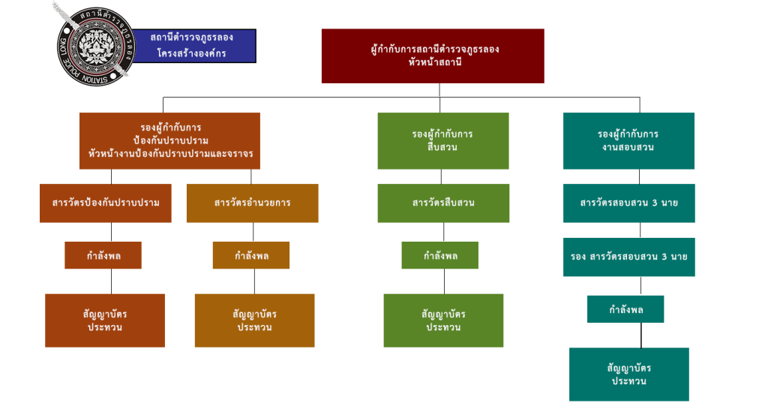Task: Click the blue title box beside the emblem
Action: coord(192,46)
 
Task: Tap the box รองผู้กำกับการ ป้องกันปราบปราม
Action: coord(169,141)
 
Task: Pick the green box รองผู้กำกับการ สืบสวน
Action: coord(442,141)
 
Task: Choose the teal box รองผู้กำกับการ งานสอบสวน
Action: coord(628,141)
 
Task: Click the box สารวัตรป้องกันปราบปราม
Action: coord(106,203)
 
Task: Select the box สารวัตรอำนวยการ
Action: coord(252,203)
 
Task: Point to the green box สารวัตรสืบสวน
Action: coord(443,203)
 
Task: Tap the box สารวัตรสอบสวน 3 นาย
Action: coord(628,203)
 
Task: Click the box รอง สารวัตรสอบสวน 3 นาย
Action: coord(628,257)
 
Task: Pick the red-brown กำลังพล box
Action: coord(103,256)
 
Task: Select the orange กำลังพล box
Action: coord(251,256)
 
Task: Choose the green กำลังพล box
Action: coord(439,256)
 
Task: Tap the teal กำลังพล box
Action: coord(625,309)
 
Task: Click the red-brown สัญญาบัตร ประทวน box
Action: coord(105,320)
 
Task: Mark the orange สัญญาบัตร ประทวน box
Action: coord(254,320)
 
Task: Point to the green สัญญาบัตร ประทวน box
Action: coord(443,320)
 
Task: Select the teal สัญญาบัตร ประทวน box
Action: coord(628,374)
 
